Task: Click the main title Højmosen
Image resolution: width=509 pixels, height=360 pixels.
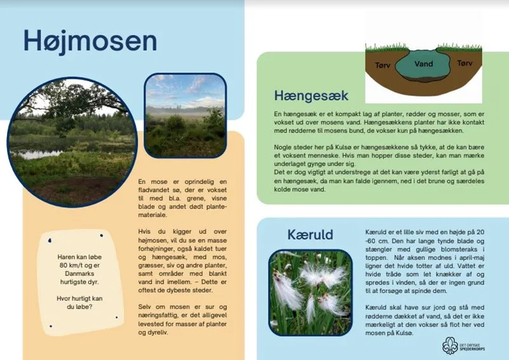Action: pyautogui.click(x=90, y=41)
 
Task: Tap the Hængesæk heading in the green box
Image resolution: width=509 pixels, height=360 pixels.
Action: pyautogui.click(x=311, y=95)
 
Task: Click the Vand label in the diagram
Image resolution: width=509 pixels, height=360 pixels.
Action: pyautogui.click(x=423, y=64)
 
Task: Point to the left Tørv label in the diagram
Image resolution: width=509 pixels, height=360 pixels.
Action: pyautogui.click(x=384, y=64)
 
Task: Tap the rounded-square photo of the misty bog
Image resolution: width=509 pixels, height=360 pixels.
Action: pyautogui.click(x=185, y=115)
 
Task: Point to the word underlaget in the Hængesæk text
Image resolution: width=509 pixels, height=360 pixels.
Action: pyautogui.click(x=285, y=163)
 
